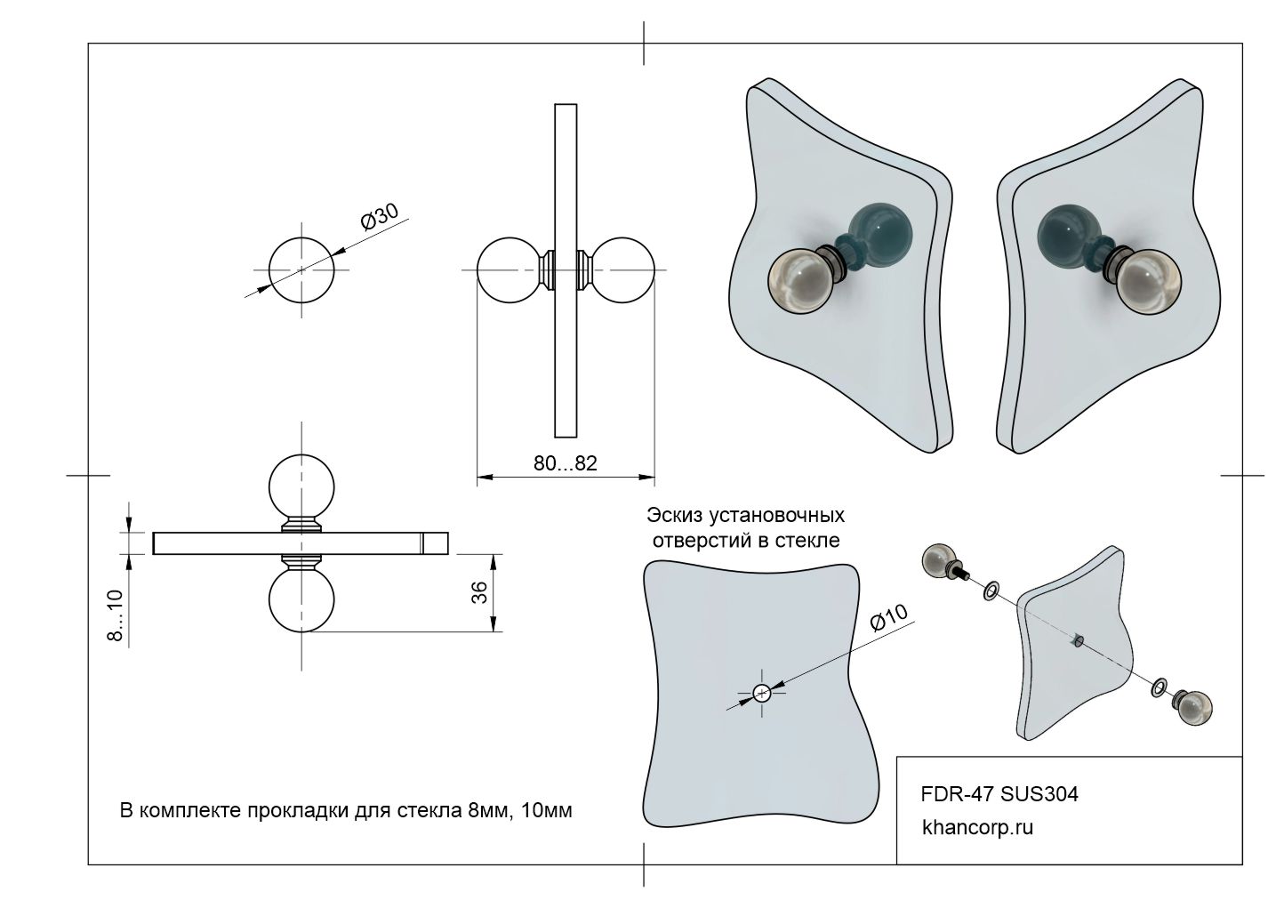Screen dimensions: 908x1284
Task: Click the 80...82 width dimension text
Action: click(x=565, y=463)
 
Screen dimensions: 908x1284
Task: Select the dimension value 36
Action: click(x=478, y=592)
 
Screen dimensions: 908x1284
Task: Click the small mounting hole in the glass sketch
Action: click(x=762, y=693)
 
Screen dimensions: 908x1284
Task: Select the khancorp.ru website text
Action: click(x=978, y=827)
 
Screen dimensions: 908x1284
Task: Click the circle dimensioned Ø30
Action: click(x=301, y=269)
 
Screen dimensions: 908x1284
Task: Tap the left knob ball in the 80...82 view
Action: click(x=509, y=269)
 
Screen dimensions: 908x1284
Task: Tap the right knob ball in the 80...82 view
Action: click(x=624, y=269)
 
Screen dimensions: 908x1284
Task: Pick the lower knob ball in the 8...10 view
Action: click(x=301, y=600)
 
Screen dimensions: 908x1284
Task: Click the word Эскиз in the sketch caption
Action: click(x=675, y=515)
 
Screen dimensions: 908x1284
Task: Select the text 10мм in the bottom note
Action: click(x=549, y=810)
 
